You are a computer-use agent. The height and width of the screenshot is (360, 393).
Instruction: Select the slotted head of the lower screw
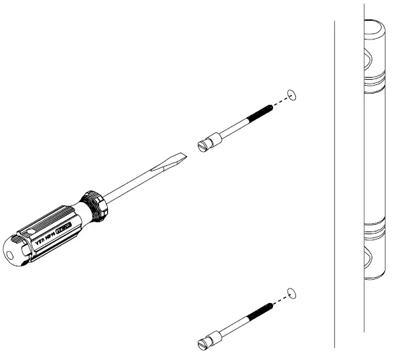(205, 344)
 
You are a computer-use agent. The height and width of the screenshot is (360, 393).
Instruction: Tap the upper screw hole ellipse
(291, 92)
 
